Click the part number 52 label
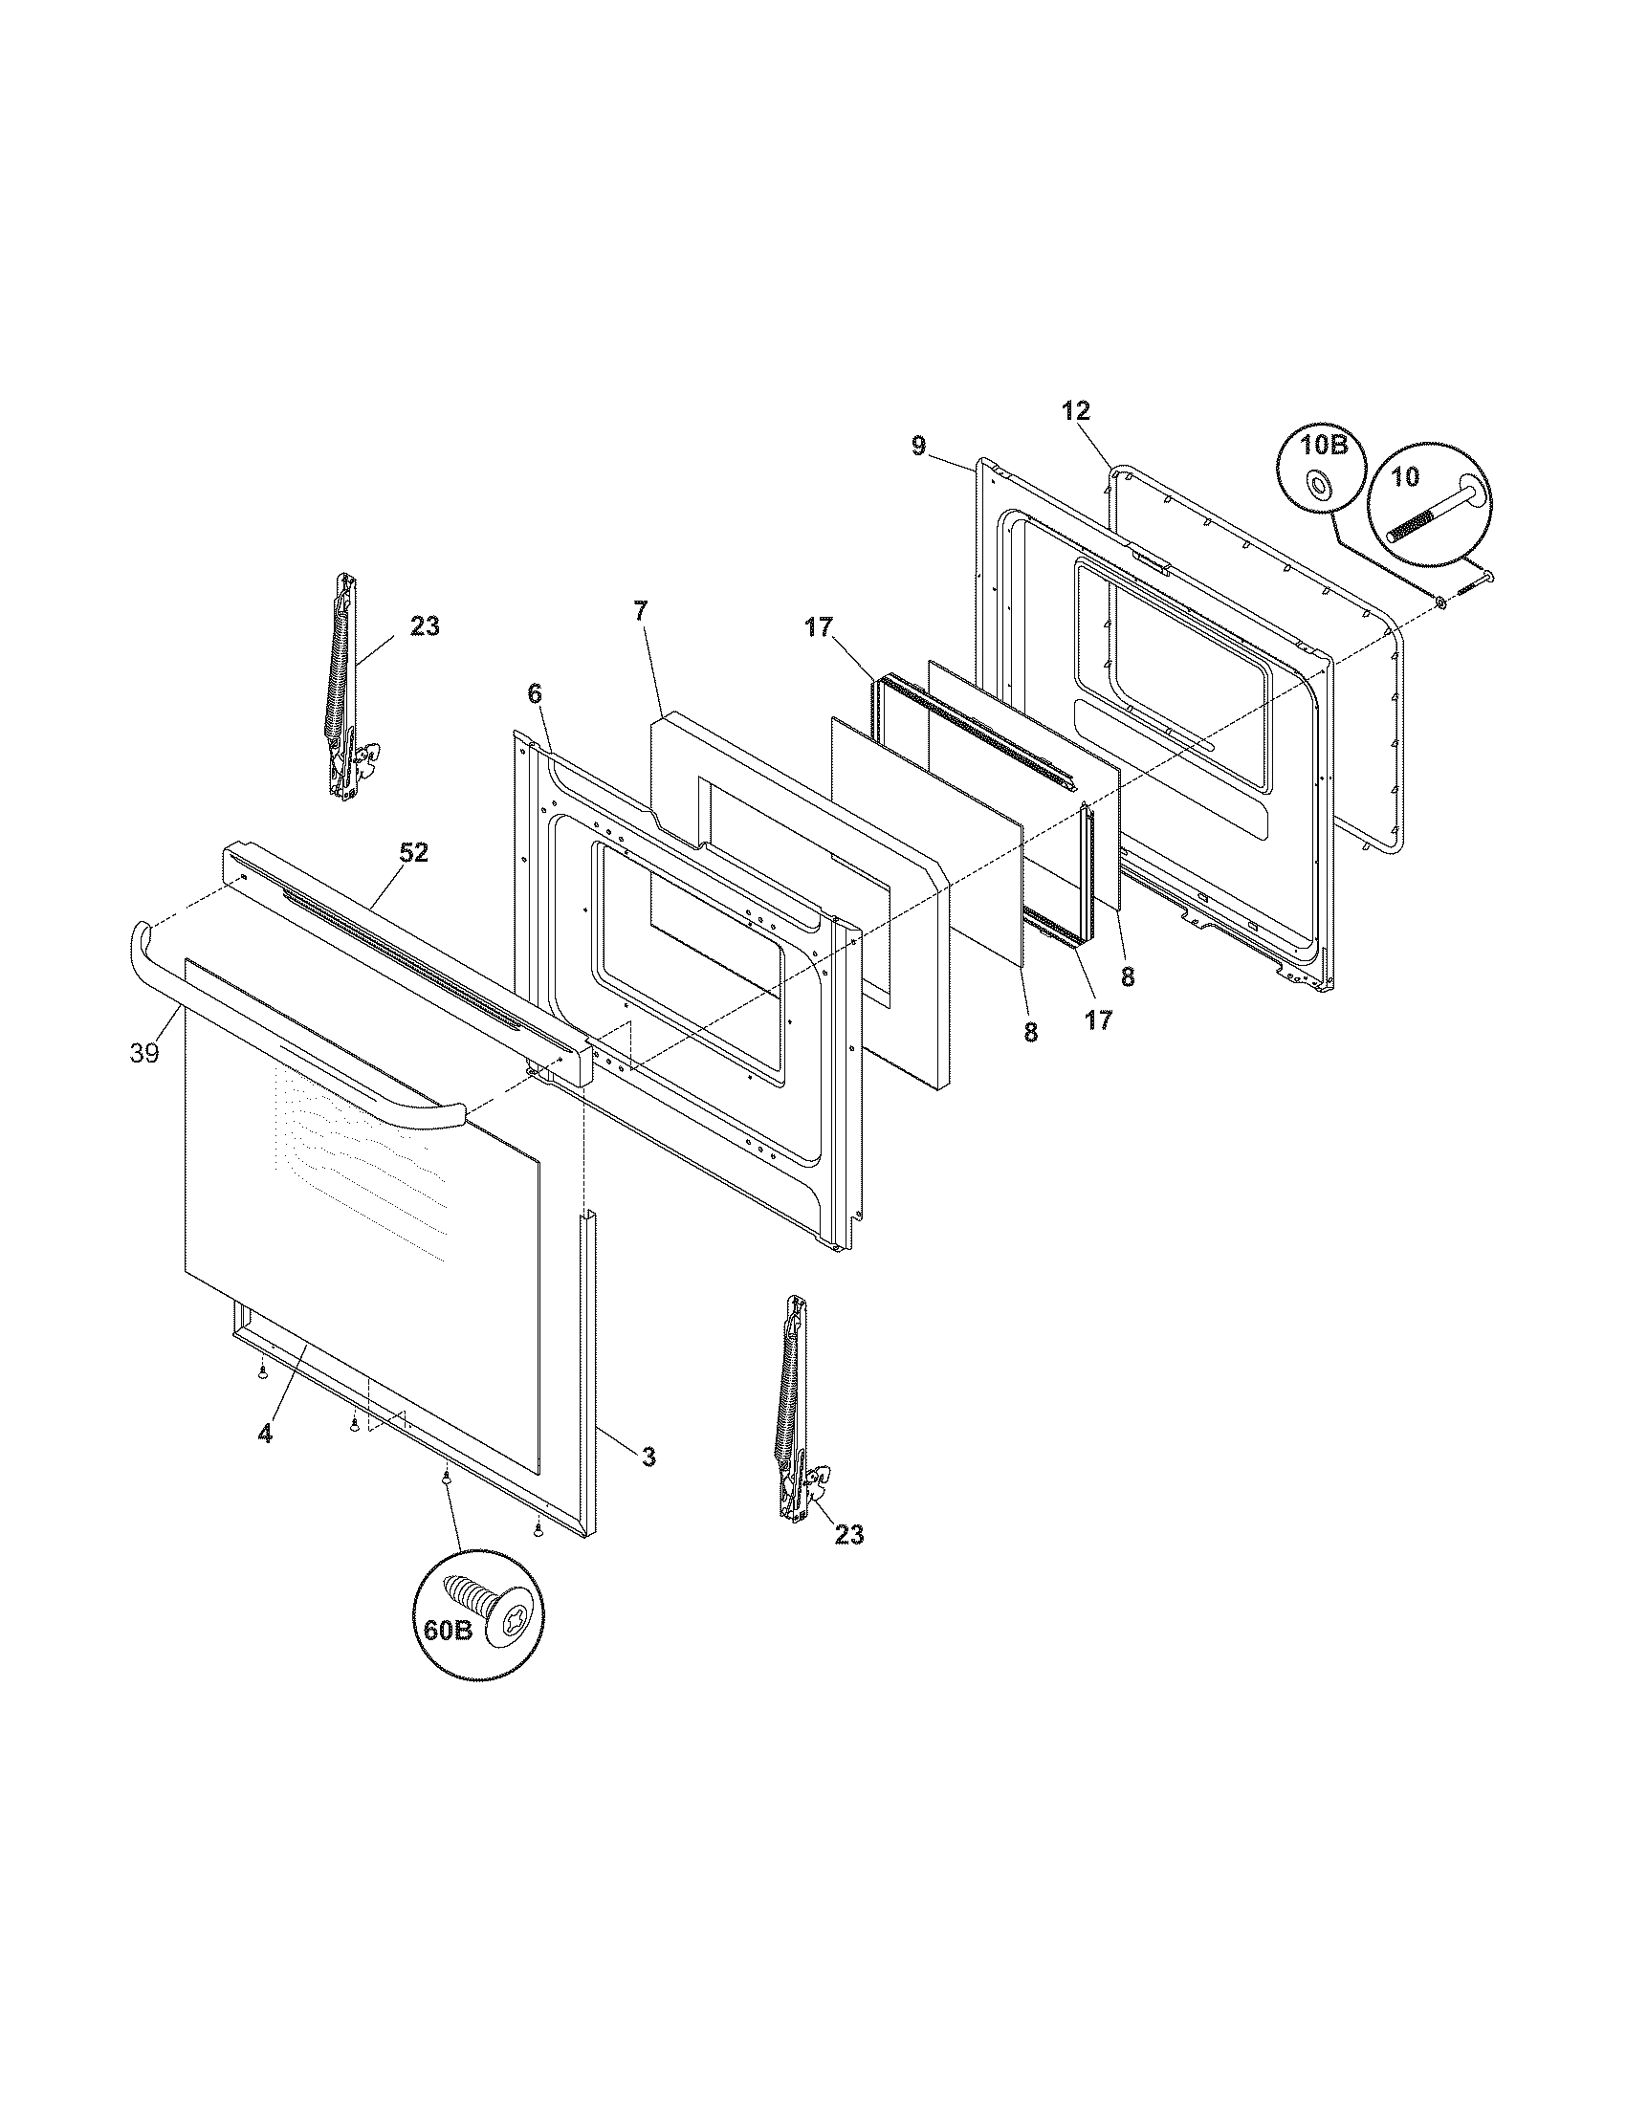pos(414,852)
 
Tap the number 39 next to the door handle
pos(144,1053)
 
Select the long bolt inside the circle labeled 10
pos(1433,515)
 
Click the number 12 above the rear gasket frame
pos(1076,410)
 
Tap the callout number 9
pos(918,445)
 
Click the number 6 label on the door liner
pos(535,692)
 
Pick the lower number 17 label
pos(1098,1020)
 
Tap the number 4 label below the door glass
pos(265,1460)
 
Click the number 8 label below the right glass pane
pos(1127,976)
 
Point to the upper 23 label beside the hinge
pos(425,626)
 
